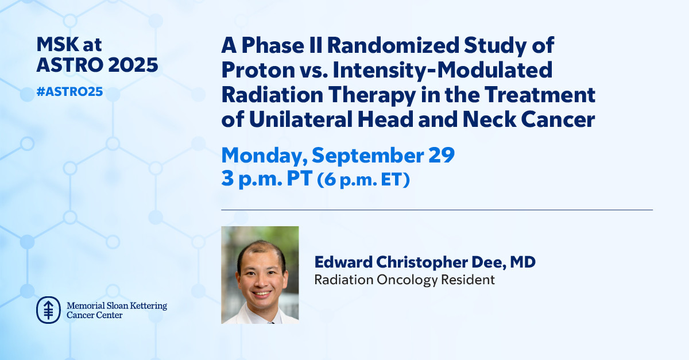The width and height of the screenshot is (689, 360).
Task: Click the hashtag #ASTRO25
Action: coord(69,92)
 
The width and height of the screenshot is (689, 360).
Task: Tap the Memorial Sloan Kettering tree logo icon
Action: coord(48,310)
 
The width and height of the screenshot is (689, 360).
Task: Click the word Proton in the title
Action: coord(258,70)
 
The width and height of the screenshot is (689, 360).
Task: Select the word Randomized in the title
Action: coord(393,45)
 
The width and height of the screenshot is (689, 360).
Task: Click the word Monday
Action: coord(264,156)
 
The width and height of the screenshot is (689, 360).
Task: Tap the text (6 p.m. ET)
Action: coord(363,179)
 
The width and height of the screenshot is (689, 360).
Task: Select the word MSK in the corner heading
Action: coord(57,44)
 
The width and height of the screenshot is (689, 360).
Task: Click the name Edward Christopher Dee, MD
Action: coord(425,262)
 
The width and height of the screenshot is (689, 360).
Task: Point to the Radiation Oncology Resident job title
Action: coord(404,280)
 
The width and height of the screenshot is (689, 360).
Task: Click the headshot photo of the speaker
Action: coord(260,275)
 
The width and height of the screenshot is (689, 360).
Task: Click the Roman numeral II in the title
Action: coord(316,45)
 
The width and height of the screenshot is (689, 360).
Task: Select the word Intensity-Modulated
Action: coord(442,70)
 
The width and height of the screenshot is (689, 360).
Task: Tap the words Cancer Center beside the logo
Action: coord(94,315)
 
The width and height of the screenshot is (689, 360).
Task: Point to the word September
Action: coord(368,156)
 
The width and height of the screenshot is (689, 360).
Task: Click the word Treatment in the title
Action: coord(540,95)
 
